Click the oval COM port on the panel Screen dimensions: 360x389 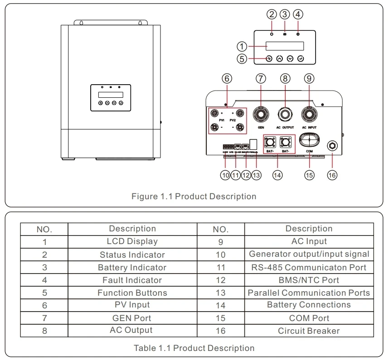[309, 138]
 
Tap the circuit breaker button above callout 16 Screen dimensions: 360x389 [332, 146]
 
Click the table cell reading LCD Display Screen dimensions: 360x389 [132, 241]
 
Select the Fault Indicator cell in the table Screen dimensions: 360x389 [132, 280]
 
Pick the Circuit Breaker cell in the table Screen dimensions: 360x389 [309, 331]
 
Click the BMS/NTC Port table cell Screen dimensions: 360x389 [309, 280]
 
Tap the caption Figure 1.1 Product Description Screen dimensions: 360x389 [194, 197]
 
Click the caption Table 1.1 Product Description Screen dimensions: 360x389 [194, 348]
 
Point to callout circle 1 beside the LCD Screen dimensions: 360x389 [243, 46]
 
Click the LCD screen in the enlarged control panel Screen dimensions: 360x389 [284, 46]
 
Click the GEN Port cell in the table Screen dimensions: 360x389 [132, 318]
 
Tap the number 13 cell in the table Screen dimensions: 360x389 [220, 293]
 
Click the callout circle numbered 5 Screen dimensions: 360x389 [243, 58]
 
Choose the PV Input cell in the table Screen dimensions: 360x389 [132, 305]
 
